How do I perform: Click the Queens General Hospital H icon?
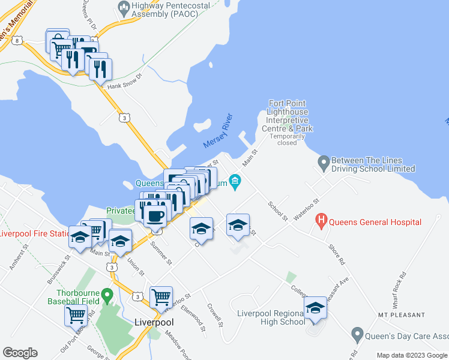point(321,221)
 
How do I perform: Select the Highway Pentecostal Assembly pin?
point(124,8)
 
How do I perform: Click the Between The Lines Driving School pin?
point(324,163)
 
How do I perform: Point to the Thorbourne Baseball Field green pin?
point(107,295)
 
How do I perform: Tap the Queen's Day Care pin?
point(357,334)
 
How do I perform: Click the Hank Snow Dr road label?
point(124,82)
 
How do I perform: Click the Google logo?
point(20,353)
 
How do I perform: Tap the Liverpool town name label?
point(154,322)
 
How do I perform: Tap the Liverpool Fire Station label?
point(35,233)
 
